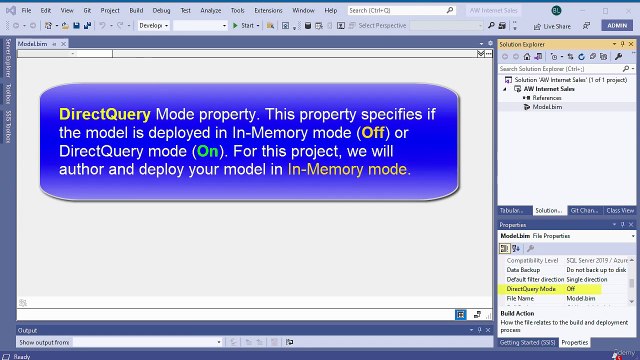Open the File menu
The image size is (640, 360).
pos(26,9)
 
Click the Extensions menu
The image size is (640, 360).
pos(268,9)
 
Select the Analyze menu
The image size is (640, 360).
pos(211,9)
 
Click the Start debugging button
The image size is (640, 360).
pos(243,25)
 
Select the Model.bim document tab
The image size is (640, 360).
pos(33,45)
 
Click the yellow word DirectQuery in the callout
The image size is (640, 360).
pos(105,114)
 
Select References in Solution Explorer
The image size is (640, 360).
pos(547,98)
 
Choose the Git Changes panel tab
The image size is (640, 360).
pos(584,211)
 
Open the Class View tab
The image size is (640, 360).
pos(620,211)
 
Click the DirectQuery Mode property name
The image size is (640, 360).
pos(531,288)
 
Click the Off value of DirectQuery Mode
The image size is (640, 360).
pos(571,288)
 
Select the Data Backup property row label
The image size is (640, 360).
pos(526,270)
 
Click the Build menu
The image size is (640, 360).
pos(136,9)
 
